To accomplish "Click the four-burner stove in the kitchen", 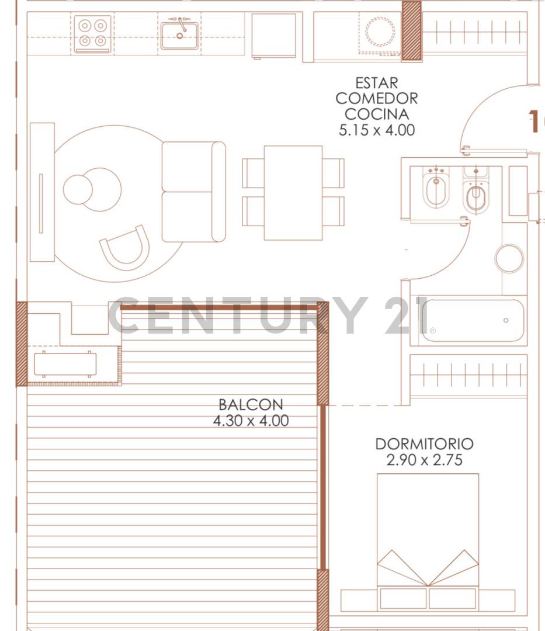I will pyautogui.click(x=93, y=34).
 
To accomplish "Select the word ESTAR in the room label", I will pyautogui.click(x=376, y=84).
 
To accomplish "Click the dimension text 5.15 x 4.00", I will pyautogui.click(x=376, y=130).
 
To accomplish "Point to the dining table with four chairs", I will pyautogui.click(x=293, y=193).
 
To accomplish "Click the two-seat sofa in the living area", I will pyautogui.click(x=193, y=192).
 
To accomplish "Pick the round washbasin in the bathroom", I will pyautogui.click(x=509, y=258).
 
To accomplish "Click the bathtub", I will pyautogui.click(x=467, y=320).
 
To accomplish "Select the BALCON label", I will pyautogui.click(x=251, y=404).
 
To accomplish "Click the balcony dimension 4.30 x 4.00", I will pyautogui.click(x=251, y=420).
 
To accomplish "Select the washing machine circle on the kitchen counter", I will pyautogui.click(x=380, y=32).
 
